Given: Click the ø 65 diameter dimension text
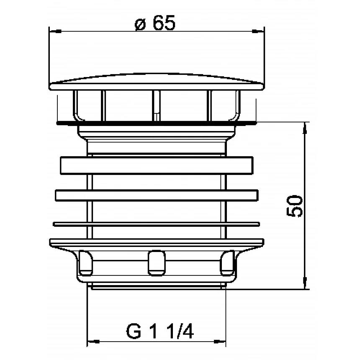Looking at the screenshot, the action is (x=155, y=23).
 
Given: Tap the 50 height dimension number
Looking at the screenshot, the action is (x=294, y=206).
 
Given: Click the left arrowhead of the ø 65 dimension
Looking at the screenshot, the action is (x=55, y=31).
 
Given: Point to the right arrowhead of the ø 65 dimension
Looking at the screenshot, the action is (x=258, y=31).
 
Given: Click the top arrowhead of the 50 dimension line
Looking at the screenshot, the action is (x=305, y=128).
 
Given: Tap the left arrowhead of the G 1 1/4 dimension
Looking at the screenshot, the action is (x=93, y=342).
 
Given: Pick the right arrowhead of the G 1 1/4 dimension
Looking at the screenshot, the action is (x=220, y=342).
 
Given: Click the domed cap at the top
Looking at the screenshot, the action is (x=157, y=82).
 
